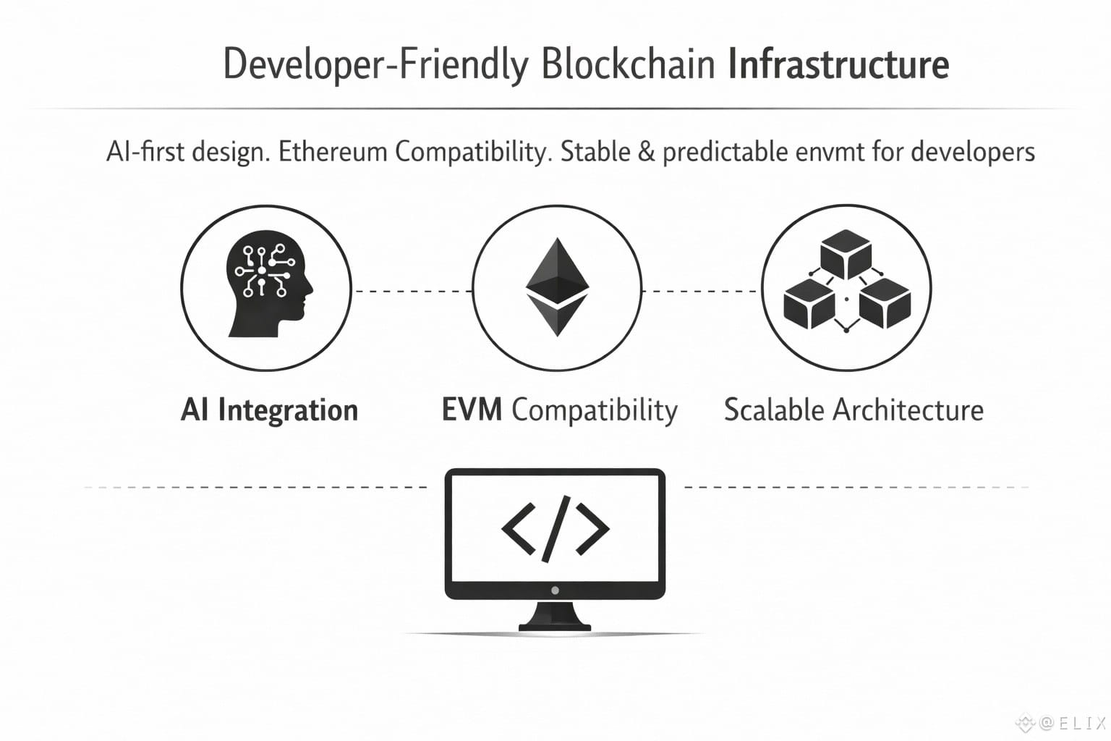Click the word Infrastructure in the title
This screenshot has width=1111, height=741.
click(838, 64)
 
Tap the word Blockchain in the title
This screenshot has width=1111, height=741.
click(629, 64)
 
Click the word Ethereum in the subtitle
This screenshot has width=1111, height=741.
click(333, 151)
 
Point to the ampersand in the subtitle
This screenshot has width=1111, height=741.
click(647, 152)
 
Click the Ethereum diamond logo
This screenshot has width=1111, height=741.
click(558, 287)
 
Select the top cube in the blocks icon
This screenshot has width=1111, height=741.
click(846, 254)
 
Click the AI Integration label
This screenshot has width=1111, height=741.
click(269, 410)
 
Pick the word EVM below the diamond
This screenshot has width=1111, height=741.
click(472, 410)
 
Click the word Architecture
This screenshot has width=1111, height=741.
click(908, 410)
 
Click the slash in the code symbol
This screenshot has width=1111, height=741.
click(556, 528)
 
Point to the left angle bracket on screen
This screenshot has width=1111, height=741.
click(519, 528)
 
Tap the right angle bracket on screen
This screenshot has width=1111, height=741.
click(592, 528)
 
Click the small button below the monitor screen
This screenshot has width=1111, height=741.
click(555, 590)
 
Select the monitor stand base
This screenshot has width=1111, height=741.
click(555, 617)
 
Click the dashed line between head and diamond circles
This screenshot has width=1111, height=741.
click(412, 292)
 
